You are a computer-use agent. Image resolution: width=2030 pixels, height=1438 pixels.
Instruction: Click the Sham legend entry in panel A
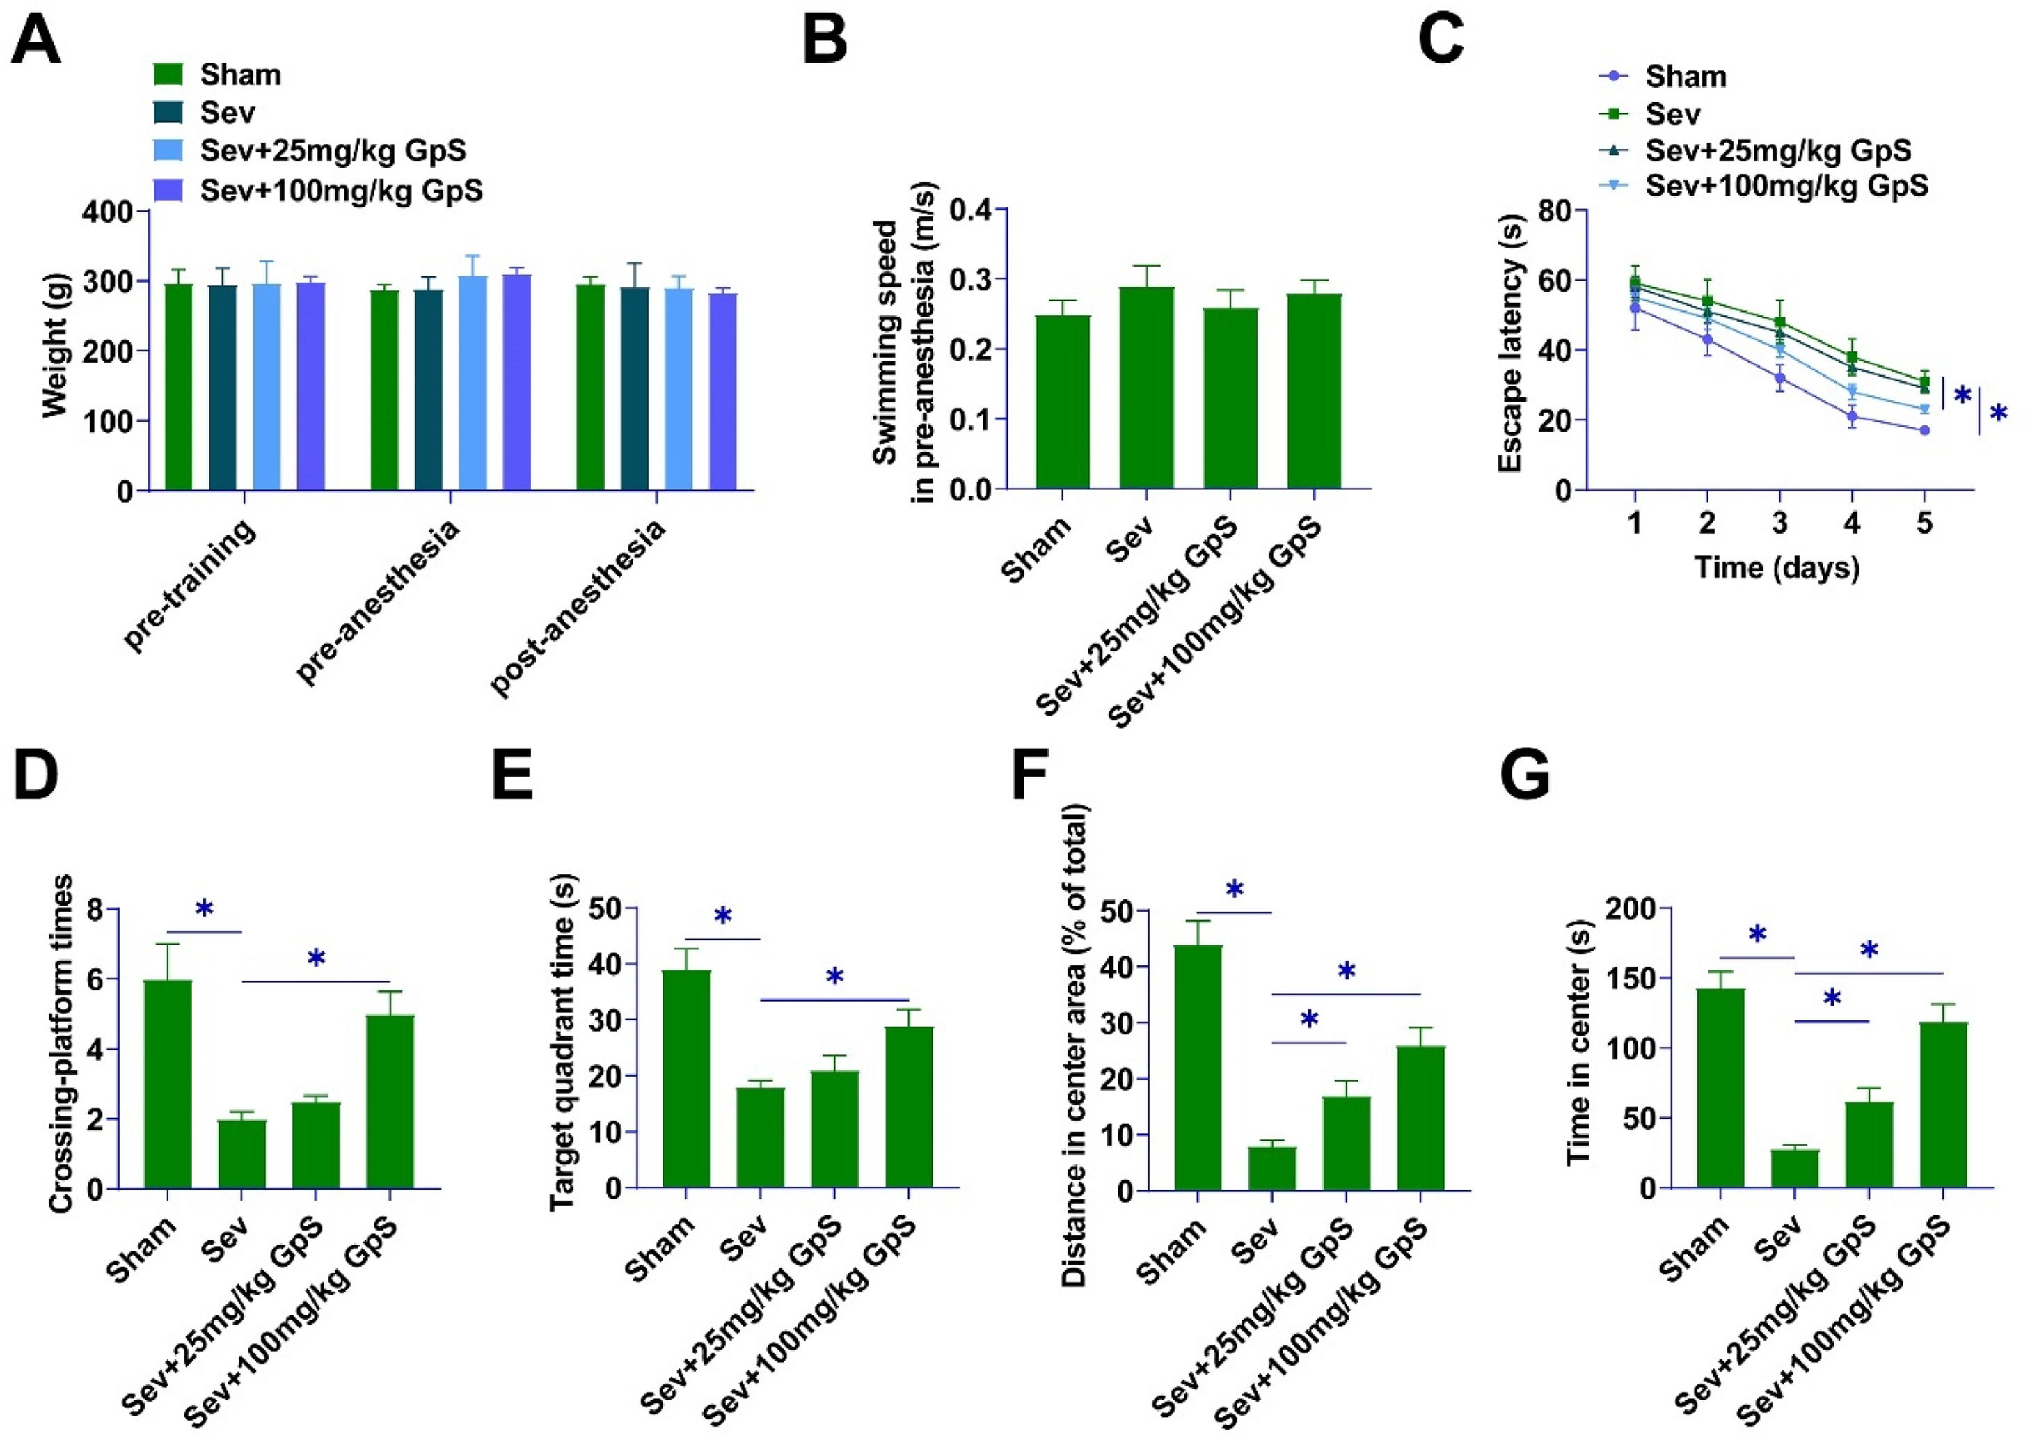(x=217, y=74)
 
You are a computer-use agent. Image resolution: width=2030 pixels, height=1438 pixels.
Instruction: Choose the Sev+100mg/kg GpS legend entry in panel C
(x=1762, y=186)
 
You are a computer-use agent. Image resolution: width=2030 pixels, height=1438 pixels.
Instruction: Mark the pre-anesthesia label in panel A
(x=379, y=602)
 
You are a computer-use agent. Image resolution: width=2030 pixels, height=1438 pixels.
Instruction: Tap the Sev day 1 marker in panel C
(x=1635, y=283)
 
